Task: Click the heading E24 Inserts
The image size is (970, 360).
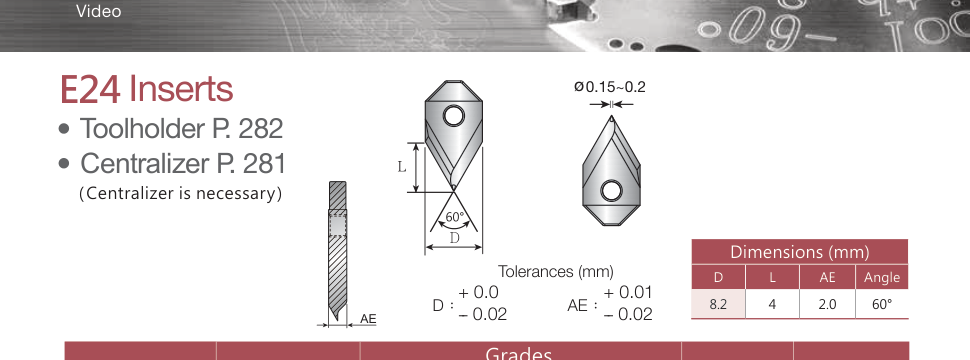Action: [x=147, y=89]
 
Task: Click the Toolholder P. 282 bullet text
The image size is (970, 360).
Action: [x=181, y=129]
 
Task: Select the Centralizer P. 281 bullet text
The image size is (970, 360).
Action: [x=183, y=164]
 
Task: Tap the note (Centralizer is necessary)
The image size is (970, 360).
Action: [x=181, y=194]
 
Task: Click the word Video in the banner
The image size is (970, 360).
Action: [x=98, y=11]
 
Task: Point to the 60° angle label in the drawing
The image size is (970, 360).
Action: [x=455, y=217]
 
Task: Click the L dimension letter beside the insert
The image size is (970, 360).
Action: [x=402, y=166]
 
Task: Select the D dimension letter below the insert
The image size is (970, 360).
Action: [x=455, y=238]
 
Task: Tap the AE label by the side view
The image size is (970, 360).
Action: [x=368, y=319]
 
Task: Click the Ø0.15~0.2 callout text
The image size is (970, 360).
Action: [x=609, y=87]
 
